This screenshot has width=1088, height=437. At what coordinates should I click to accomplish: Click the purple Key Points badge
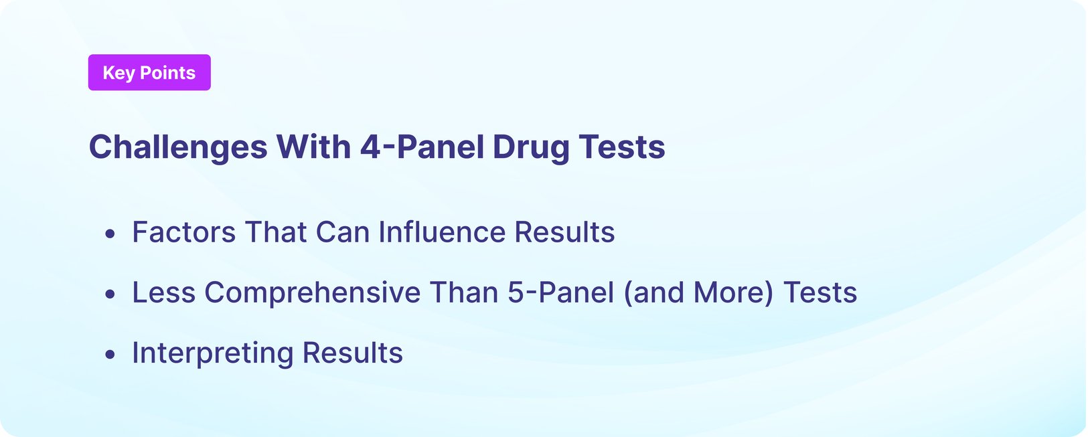149,72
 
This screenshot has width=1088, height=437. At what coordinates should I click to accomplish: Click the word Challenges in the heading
178,147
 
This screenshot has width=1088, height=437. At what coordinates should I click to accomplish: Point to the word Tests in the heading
622,147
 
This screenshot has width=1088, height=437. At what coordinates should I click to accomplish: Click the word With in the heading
313,147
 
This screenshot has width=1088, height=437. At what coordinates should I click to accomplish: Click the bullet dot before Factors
110,234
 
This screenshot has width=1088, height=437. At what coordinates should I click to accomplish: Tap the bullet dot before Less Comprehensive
110,294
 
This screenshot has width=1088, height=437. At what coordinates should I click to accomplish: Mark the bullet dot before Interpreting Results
110,354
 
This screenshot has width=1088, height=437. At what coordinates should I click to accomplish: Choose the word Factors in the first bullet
184,232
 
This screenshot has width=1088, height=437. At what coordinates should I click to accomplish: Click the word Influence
442,232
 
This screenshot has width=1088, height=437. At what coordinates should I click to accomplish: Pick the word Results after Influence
564,232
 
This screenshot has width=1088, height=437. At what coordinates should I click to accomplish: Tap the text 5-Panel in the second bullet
560,292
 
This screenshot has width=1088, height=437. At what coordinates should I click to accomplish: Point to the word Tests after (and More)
820,292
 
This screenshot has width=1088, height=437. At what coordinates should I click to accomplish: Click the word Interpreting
212,353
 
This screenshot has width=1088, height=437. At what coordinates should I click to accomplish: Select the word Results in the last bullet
352,353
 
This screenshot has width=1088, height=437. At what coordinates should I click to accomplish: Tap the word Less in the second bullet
163,292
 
